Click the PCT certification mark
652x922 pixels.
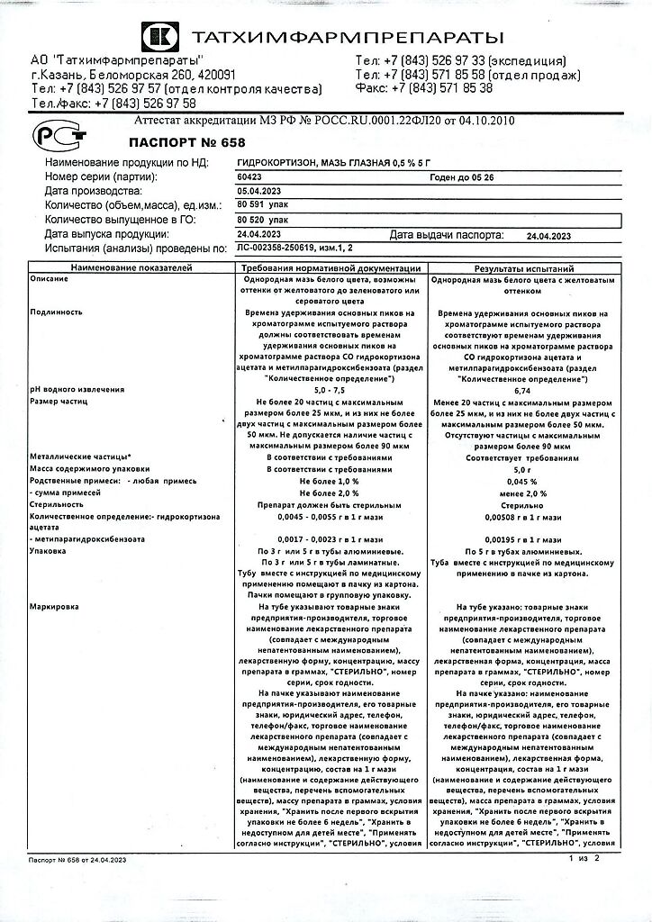click(x=59, y=135)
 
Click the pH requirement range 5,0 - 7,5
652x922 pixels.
click(x=329, y=389)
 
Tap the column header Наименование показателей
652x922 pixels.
click(x=131, y=269)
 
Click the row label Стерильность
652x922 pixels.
click(x=56, y=505)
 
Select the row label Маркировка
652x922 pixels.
click(x=53, y=607)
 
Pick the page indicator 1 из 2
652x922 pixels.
click(x=584, y=885)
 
